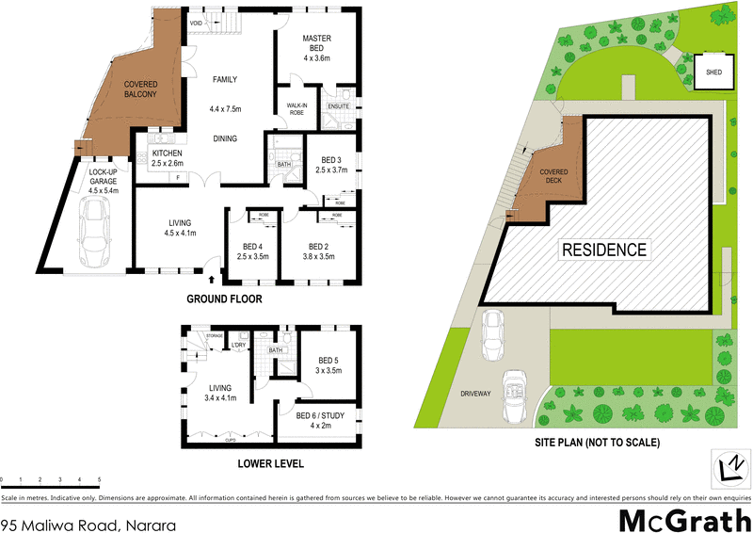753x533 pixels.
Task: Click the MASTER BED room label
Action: [x=314, y=44]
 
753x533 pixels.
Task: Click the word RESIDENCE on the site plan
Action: [x=604, y=250]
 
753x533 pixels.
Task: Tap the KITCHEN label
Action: [x=167, y=157]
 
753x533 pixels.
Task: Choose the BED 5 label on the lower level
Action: [x=328, y=365]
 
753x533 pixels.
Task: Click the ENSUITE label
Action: [x=339, y=106]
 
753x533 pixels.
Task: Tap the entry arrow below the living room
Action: [x=211, y=280]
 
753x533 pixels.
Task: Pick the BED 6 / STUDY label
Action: [x=320, y=421]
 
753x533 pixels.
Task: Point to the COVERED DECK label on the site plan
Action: [x=553, y=177]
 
